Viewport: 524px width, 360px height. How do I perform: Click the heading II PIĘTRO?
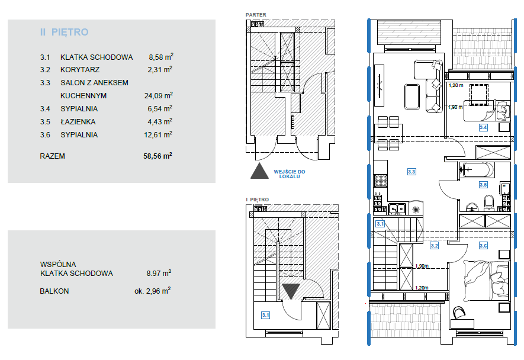click(x=64, y=32)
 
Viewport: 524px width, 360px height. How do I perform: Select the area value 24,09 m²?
click(x=159, y=95)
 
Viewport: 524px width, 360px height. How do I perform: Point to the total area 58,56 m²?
click(x=157, y=156)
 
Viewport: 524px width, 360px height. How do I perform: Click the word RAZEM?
click(x=53, y=156)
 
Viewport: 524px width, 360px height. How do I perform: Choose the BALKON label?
click(x=54, y=291)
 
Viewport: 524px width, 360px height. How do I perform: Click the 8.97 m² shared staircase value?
click(x=159, y=273)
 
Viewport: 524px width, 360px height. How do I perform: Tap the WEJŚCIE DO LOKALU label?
click(x=290, y=174)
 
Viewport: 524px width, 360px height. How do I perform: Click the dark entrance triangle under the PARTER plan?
click(x=260, y=171)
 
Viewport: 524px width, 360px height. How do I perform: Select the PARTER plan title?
click(x=256, y=15)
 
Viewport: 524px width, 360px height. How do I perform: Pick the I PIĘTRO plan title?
click(x=258, y=200)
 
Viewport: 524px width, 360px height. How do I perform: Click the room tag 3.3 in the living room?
click(x=412, y=172)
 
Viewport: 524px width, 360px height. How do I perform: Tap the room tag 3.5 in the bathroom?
click(x=483, y=185)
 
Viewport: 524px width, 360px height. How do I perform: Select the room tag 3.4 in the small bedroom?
click(x=483, y=127)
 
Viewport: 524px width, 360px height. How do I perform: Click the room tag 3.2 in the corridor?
click(x=434, y=246)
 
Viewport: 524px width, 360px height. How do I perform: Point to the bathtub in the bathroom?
click(x=477, y=170)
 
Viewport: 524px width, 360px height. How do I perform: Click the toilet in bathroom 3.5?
click(x=489, y=202)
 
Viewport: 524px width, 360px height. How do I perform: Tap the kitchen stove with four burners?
click(x=381, y=181)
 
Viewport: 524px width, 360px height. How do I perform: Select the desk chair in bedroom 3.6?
click(x=459, y=313)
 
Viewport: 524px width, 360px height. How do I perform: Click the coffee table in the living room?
click(x=412, y=97)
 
